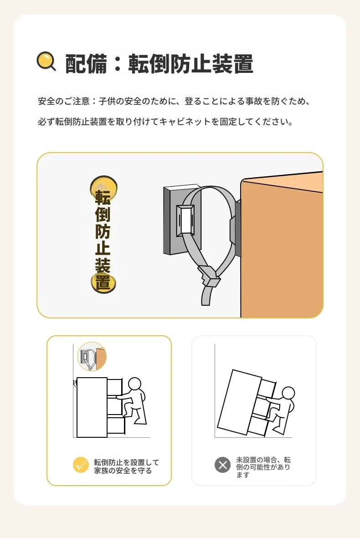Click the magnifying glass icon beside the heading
46,61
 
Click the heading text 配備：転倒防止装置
159,64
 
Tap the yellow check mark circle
81,465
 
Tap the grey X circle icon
223,465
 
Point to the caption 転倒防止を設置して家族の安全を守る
126,466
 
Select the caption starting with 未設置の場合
263,467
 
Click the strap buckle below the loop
209,277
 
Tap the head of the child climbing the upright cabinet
134,384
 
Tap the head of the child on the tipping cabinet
288,393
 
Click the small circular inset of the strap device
92,357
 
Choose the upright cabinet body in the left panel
92,407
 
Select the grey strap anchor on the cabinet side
237,228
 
